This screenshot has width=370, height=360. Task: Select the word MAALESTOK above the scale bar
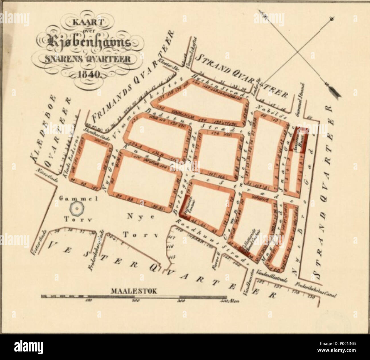134,291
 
